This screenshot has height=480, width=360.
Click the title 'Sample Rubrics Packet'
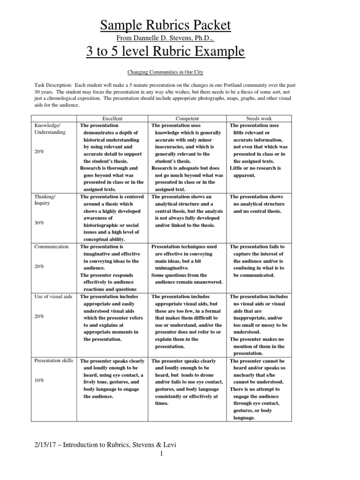pyautogui.click(x=165, y=24)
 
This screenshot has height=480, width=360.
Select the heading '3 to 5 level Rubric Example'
pyautogui.click(x=165, y=51)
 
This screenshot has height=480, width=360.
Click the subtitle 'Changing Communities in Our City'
pyautogui.click(x=165, y=72)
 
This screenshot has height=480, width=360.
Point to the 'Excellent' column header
pyautogui.click(x=112, y=119)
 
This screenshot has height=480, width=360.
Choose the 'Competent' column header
pyautogui.click(x=187, y=119)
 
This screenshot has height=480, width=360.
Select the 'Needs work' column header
pyautogui.click(x=259, y=119)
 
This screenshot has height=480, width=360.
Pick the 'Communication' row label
pyautogui.click(x=52, y=247)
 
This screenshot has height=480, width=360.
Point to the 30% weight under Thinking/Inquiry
pyautogui.click(x=39, y=223)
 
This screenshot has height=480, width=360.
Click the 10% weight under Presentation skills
pyautogui.click(x=39, y=380)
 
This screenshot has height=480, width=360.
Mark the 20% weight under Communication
pyautogui.click(x=39, y=266)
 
